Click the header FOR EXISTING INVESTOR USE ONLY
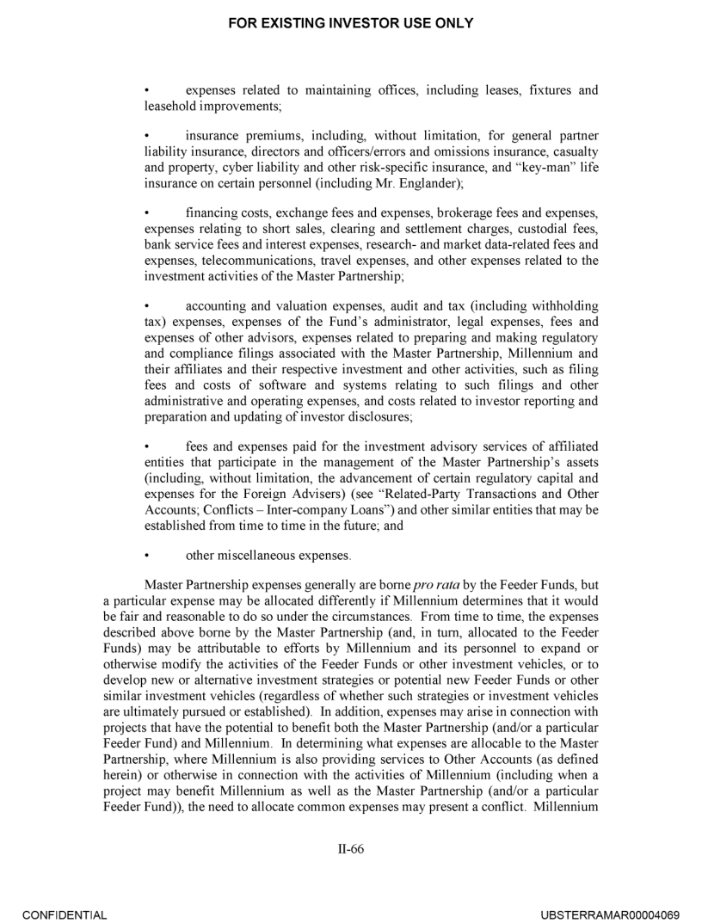click(x=350, y=23)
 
